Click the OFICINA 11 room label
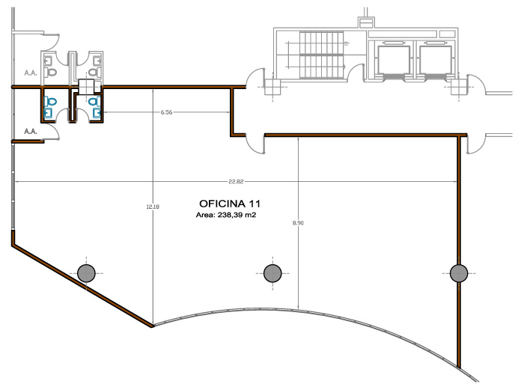(230, 203)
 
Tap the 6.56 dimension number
(166, 112)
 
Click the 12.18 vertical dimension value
(153, 207)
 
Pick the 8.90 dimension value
(299, 223)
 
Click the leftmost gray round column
(86, 272)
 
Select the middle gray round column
(272, 272)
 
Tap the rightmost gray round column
(457, 272)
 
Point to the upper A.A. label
(31, 73)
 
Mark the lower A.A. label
(31, 131)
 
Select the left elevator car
(394, 58)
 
